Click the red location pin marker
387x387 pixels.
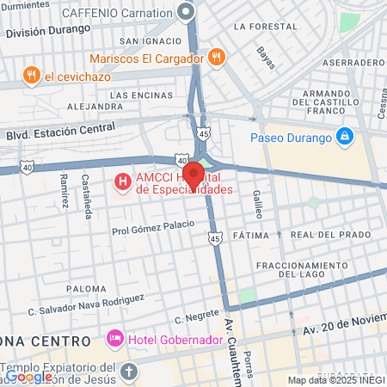pos(193,175)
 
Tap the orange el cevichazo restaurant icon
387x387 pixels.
pos(32,75)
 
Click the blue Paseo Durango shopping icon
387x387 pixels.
pos(345,136)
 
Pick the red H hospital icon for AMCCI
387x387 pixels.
pos(123,181)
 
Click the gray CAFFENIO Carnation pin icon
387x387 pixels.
pos(186,12)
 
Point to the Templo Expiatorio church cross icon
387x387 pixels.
pos(129,372)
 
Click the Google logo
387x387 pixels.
pos(28,376)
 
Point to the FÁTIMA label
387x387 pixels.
pos(251,235)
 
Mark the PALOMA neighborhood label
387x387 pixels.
pos(87,289)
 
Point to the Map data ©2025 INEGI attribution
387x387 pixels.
pos(335,380)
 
